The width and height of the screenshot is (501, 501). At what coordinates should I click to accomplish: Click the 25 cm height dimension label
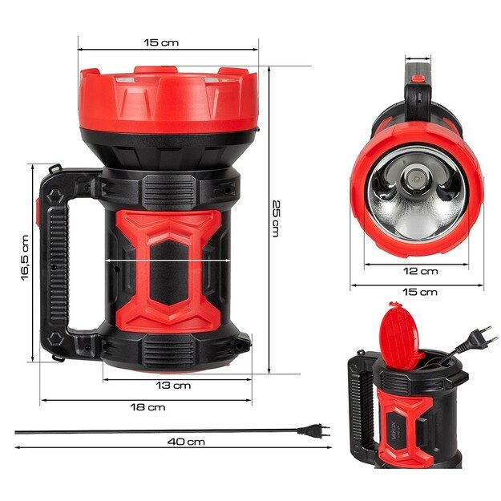[275, 217]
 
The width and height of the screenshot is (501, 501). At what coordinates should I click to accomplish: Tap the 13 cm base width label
[172, 385]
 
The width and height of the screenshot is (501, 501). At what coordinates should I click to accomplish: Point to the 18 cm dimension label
[147, 407]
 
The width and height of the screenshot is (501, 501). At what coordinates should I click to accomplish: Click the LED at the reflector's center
[415, 176]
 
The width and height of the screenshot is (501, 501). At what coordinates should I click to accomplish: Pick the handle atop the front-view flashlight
[419, 84]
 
